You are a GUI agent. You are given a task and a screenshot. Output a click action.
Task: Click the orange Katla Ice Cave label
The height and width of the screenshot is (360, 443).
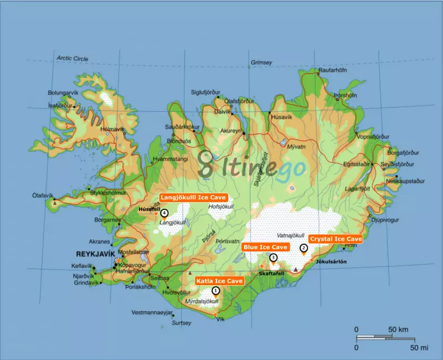[x=220, y=281]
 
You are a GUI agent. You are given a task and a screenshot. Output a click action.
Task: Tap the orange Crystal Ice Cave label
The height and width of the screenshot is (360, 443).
[x=336, y=239]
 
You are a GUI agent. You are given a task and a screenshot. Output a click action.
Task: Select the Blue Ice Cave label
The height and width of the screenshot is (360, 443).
[x=265, y=246]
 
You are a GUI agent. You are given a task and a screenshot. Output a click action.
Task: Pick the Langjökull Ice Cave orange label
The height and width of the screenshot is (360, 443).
[x=193, y=197]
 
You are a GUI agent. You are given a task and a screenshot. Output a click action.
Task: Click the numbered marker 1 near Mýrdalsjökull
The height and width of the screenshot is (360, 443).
[x=215, y=290]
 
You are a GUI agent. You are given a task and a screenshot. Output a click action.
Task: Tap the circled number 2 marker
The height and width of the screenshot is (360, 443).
[x=303, y=248]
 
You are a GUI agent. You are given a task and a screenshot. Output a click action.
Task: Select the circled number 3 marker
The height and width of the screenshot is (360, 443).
[x=273, y=258]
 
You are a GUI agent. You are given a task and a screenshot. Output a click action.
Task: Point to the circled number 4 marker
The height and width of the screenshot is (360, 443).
[x=164, y=213]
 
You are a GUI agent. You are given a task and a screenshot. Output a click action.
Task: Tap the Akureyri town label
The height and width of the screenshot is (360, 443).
[x=231, y=131]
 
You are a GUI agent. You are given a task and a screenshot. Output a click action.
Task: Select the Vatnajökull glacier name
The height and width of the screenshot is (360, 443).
[x=290, y=235]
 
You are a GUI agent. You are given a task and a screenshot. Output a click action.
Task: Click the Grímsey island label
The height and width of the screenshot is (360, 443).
[x=261, y=63]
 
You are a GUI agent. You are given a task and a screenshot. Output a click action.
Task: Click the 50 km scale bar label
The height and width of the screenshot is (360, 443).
[x=399, y=330]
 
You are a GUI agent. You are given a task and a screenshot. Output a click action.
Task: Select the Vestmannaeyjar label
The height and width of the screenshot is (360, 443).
[x=148, y=313]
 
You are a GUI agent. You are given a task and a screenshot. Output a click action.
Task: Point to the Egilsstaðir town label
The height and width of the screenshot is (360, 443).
[x=359, y=164]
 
